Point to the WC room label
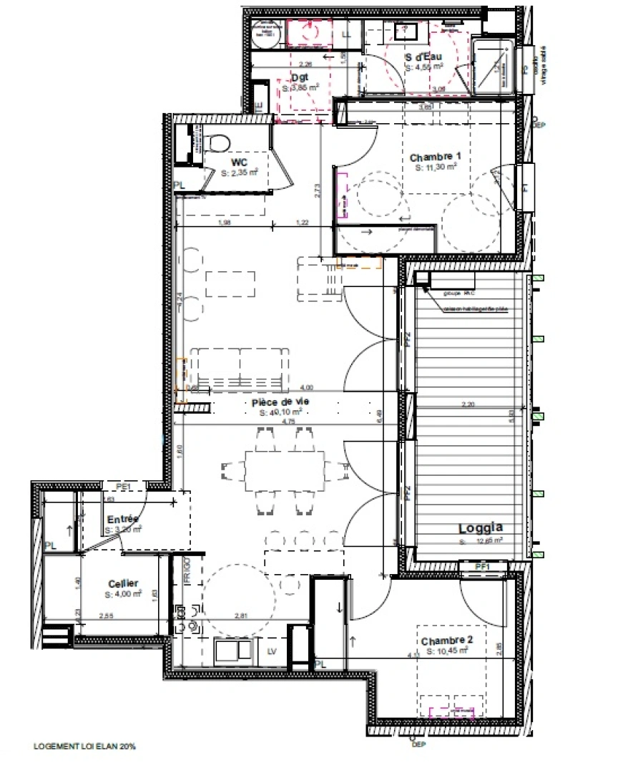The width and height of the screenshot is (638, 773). pyautogui.click(x=230, y=162)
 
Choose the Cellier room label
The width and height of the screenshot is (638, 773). pyautogui.click(x=124, y=583)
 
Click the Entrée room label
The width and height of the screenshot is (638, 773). pyautogui.click(x=123, y=520)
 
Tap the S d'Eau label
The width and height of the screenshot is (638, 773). pyautogui.click(x=423, y=57)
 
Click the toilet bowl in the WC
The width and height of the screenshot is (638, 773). pyautogui.click(x=220, y=142)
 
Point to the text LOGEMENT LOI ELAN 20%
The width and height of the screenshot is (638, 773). pyautogui.click(x=84, y=747)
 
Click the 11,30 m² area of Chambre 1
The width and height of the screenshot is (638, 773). pyautogui.click(x=436, y=167)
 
